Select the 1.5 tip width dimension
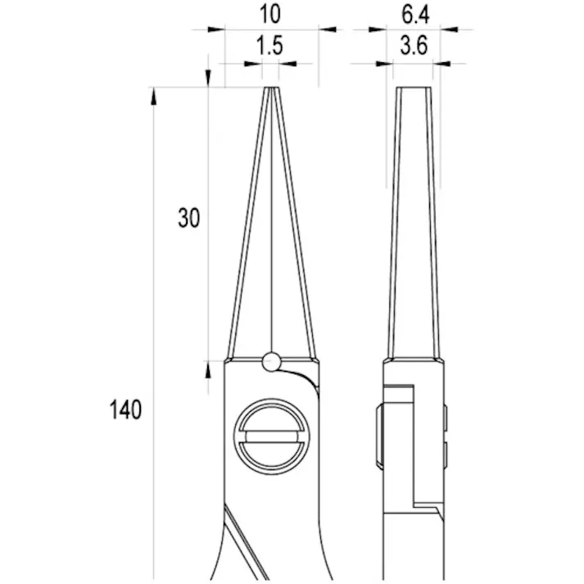click(x=269, y=47)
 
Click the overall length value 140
click(x=125, y=410)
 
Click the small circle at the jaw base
click(x=270, y=360)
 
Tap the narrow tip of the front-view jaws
click(x=270, y=88)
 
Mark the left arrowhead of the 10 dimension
click(x=215, y=29)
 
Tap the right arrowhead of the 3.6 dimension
click(x=442, y=62)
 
